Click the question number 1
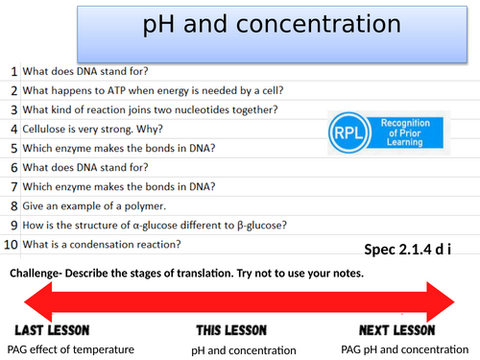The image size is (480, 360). point(13,72)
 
